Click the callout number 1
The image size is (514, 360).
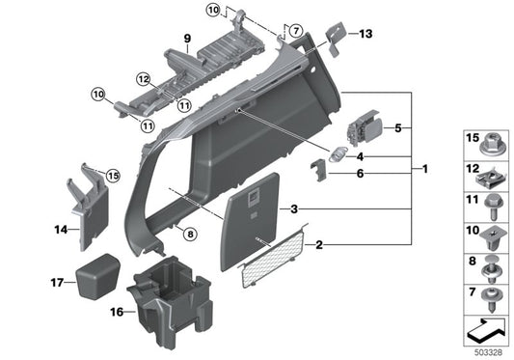pyautogui.click(x=424, y=170)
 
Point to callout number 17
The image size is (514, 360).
pyautogui.click(x=56, y=283)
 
